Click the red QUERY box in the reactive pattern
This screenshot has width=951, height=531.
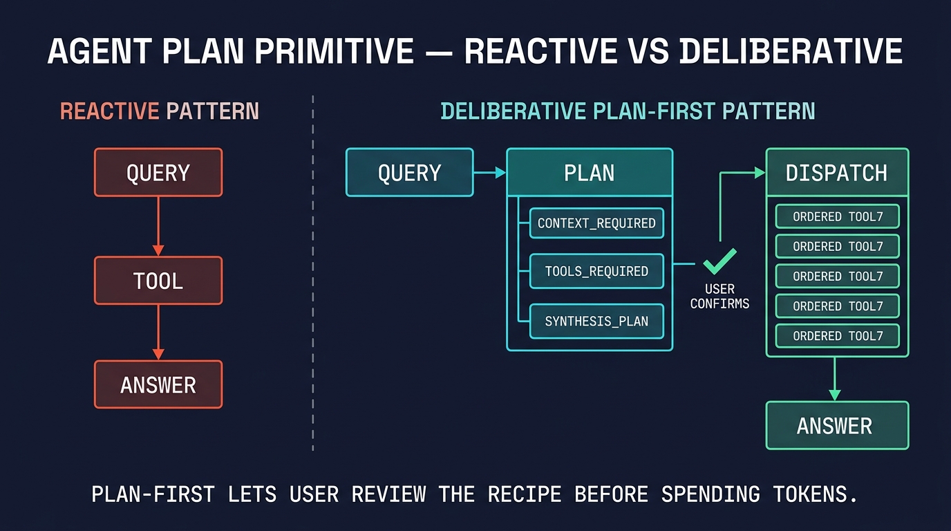(x=158, y=172)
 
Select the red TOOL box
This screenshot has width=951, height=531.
(x=158, y=281)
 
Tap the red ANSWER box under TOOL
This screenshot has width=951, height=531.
(x=158, y=384)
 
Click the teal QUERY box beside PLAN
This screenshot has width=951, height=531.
(x=409, y=172)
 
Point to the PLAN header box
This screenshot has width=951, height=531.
(x=589, y=172)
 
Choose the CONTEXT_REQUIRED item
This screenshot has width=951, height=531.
(x=596, y=223)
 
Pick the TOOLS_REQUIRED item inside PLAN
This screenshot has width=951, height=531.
(x=596, y=271)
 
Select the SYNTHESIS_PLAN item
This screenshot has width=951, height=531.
(x=596, y=322)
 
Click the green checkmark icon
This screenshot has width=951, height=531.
(x=719, y=263)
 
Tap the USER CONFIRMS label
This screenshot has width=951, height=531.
(x=719, y=296)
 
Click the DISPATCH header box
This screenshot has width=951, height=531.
(x=836, y=172)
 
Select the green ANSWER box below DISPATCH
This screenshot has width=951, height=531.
(x=836, y=425)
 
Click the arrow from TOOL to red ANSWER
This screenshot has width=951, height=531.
(x=158, y=333)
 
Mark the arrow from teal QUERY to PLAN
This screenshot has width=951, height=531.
(x=490, y=173)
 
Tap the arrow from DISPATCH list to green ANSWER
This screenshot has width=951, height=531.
(x=835, y=379)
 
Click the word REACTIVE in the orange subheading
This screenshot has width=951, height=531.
(x=109, y=111)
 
